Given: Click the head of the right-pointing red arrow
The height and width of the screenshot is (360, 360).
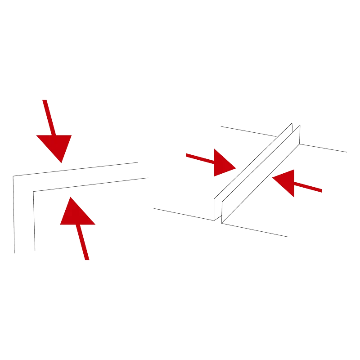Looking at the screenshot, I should (223, 163).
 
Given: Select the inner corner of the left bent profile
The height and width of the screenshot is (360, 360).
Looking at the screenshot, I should (33, 193).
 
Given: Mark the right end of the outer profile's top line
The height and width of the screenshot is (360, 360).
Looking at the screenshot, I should (138, 162).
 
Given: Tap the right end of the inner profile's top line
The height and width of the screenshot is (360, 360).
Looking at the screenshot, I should (150, 177).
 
